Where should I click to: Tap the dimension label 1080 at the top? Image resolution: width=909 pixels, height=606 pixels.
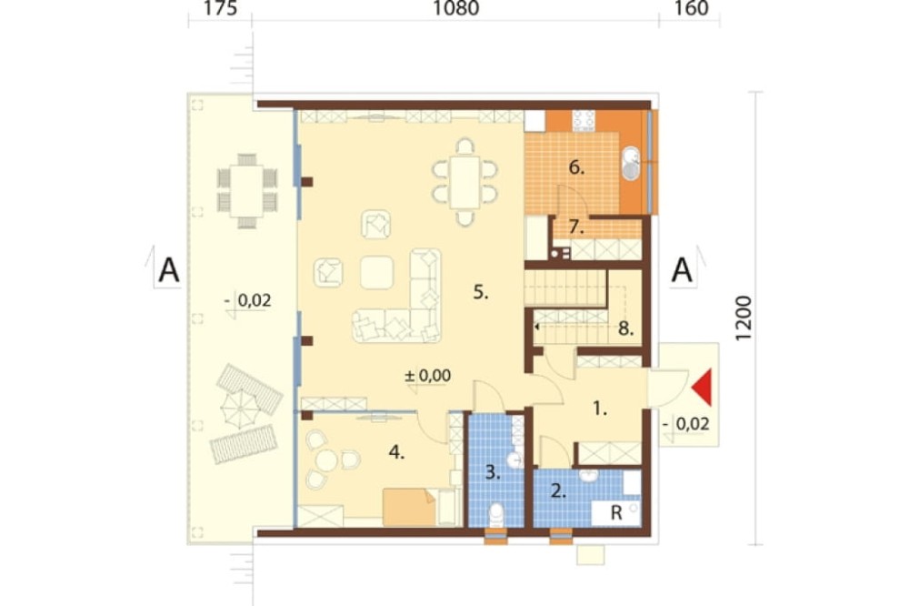[456, 9]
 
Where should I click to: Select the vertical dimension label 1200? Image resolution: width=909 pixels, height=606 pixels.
[743, 318]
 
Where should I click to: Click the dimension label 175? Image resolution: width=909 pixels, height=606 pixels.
[220, 9]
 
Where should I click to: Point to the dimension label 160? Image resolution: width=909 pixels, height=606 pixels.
[692, 9]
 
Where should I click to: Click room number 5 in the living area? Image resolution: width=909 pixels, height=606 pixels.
[481, 292]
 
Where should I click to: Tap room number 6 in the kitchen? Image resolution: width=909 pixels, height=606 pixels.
[576, 167]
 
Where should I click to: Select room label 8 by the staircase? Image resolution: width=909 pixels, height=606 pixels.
[625, 329]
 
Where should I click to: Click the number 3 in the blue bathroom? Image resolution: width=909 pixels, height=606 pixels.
[493, 472]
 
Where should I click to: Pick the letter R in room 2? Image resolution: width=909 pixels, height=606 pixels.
[616, 512]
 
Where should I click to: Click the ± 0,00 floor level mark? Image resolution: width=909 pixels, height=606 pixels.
[427, 376]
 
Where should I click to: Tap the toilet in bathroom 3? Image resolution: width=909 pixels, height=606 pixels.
[497, 515]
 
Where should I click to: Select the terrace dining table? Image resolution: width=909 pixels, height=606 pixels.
[247, 191]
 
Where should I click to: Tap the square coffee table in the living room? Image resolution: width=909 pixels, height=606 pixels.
[377, 272]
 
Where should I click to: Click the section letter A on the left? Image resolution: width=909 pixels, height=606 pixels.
[169, 270]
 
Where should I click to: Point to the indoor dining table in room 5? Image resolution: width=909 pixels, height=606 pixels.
[464, 182]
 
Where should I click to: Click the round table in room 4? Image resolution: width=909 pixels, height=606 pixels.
[326, 461]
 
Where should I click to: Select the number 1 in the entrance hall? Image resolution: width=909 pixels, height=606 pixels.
[599, 409]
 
